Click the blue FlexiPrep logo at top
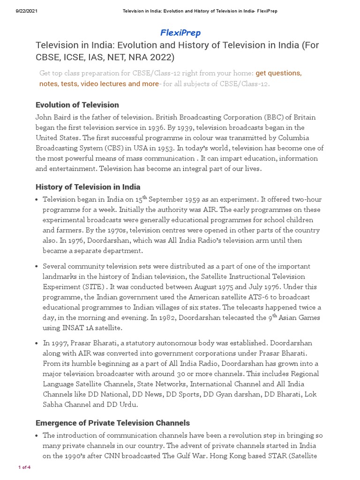(x=180, y=33)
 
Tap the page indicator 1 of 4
(x=24, y=467)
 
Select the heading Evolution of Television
(x=77, y=105)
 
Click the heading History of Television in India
(x=88, y=187)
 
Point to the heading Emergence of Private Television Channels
(x=113, y=423)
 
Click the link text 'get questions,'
(x=278, y=73)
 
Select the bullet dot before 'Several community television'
(x=37, y=266)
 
